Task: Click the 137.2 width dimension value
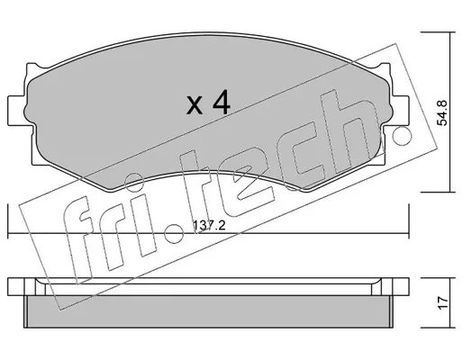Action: tap(209, 225)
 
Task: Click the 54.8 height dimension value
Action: tap(442, 112)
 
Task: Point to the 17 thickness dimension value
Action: tap(442, 302)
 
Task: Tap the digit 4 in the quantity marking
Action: tap(222, 103)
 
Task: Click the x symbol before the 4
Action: tap(195, 105)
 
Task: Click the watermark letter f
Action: tap(78, 240)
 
